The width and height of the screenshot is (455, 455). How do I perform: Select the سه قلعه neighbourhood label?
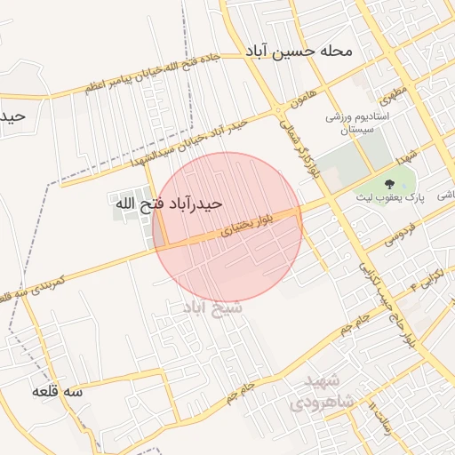(x=58, y=391)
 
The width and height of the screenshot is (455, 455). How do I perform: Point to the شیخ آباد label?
(x=208, y=307)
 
